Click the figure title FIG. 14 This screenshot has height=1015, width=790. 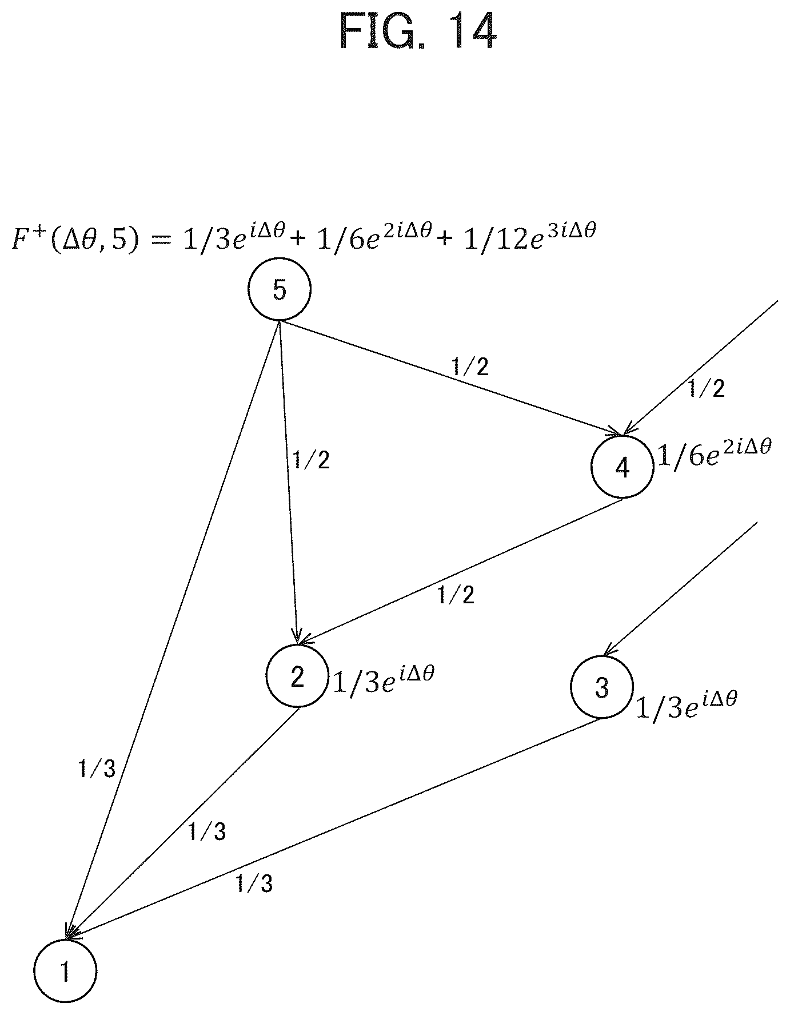(417, 33)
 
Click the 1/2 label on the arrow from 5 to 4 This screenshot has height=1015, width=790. (470, 367)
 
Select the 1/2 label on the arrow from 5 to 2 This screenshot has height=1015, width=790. (311, 460)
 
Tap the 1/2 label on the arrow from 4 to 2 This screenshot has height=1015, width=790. (456, 595)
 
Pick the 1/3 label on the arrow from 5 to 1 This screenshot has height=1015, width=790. (97, 769)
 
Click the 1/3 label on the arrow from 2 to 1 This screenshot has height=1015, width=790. (207, 831)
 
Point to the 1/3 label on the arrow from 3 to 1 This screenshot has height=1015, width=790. (254, 884)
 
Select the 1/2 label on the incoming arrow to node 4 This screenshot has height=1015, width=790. (706, 389)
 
